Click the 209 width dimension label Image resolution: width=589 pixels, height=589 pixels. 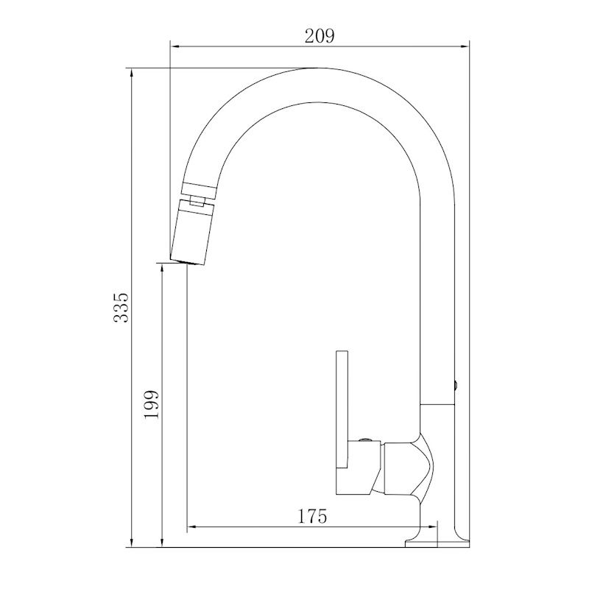[319, 36]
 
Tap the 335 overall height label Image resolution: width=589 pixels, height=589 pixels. [121, 307]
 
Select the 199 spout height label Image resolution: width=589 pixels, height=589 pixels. [152, 405]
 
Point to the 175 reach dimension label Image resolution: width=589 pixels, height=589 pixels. [312, 517]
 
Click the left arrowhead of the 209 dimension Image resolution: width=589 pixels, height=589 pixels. [176, 46]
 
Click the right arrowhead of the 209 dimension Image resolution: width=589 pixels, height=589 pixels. [464, 46]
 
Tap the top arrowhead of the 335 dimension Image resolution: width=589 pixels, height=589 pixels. [131, 74]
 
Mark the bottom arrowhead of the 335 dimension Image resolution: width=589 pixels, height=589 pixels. [131, 542]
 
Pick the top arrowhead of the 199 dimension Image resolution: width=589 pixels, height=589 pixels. [162, 269]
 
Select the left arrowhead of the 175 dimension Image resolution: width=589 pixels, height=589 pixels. [193, 526]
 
